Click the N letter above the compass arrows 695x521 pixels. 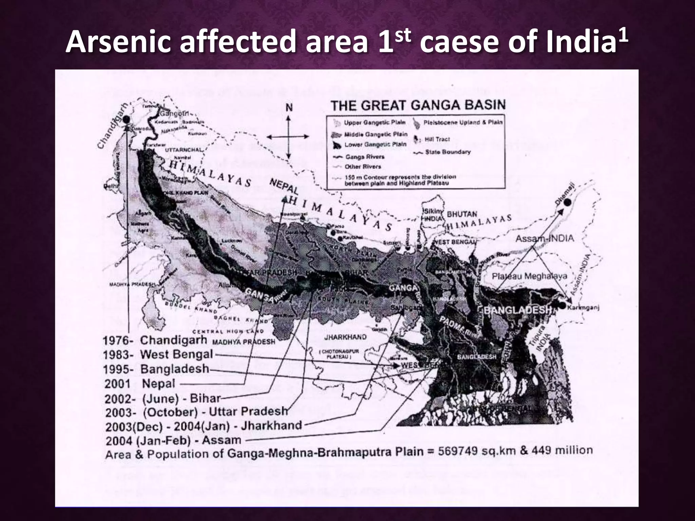tap(289, 108)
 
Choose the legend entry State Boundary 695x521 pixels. tap(448, 152)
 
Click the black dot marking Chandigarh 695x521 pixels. tap(127, 119)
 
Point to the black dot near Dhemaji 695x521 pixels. tap(567, 202)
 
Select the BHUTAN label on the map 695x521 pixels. tap(462, 215)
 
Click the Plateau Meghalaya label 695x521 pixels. tap(529, 276)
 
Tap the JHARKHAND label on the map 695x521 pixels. tap(345, 337)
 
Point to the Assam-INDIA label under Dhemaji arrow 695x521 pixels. tap(545, 238)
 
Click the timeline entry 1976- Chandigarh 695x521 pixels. tap(154, 340)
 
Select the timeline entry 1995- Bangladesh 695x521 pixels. tap(156, 369)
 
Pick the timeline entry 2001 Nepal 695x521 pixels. tap(139, 384)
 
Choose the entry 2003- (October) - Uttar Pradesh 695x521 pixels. tap(196, 412)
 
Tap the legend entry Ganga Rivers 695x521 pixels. tap(364, 157)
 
